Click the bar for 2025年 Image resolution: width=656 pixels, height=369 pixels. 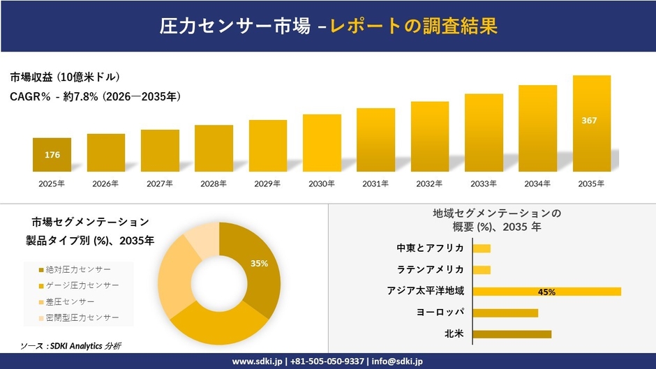tap(52, 155)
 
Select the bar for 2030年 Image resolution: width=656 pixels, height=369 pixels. tap(322, 143)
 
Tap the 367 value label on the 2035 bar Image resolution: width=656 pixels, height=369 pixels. tap(589, 121)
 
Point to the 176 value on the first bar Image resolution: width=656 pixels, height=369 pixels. tap(52, 155)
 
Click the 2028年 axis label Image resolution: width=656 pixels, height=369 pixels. tap(214, 184)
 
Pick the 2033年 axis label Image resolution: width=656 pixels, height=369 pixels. tap(484, 184)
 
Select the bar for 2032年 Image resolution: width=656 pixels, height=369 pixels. tap(430, 137)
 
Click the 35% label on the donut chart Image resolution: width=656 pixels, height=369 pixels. tap(260, 263)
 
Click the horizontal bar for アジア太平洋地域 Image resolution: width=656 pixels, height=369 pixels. tap(546, 292)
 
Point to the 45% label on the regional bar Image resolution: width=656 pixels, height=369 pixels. tap(546, 292)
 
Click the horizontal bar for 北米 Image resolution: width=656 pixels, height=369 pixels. tap(512, 334)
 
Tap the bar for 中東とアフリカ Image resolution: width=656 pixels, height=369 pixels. tap(482, 248)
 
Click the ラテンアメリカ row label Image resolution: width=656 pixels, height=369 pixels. tap(430, 269)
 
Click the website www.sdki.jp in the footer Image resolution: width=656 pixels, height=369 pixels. tap(256, 361)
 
